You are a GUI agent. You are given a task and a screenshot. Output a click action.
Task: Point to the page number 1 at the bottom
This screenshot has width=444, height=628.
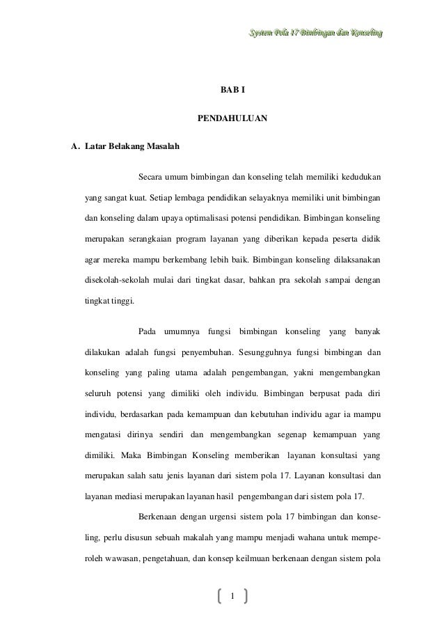(x=232, y=595)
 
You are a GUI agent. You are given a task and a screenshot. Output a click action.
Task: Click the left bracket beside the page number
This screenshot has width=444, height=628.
(x=219, y=595)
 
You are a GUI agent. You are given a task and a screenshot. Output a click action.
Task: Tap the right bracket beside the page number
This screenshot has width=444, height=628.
(x=246, y=595)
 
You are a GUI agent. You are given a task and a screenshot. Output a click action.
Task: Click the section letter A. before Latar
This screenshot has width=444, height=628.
(x=77, y=147)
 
